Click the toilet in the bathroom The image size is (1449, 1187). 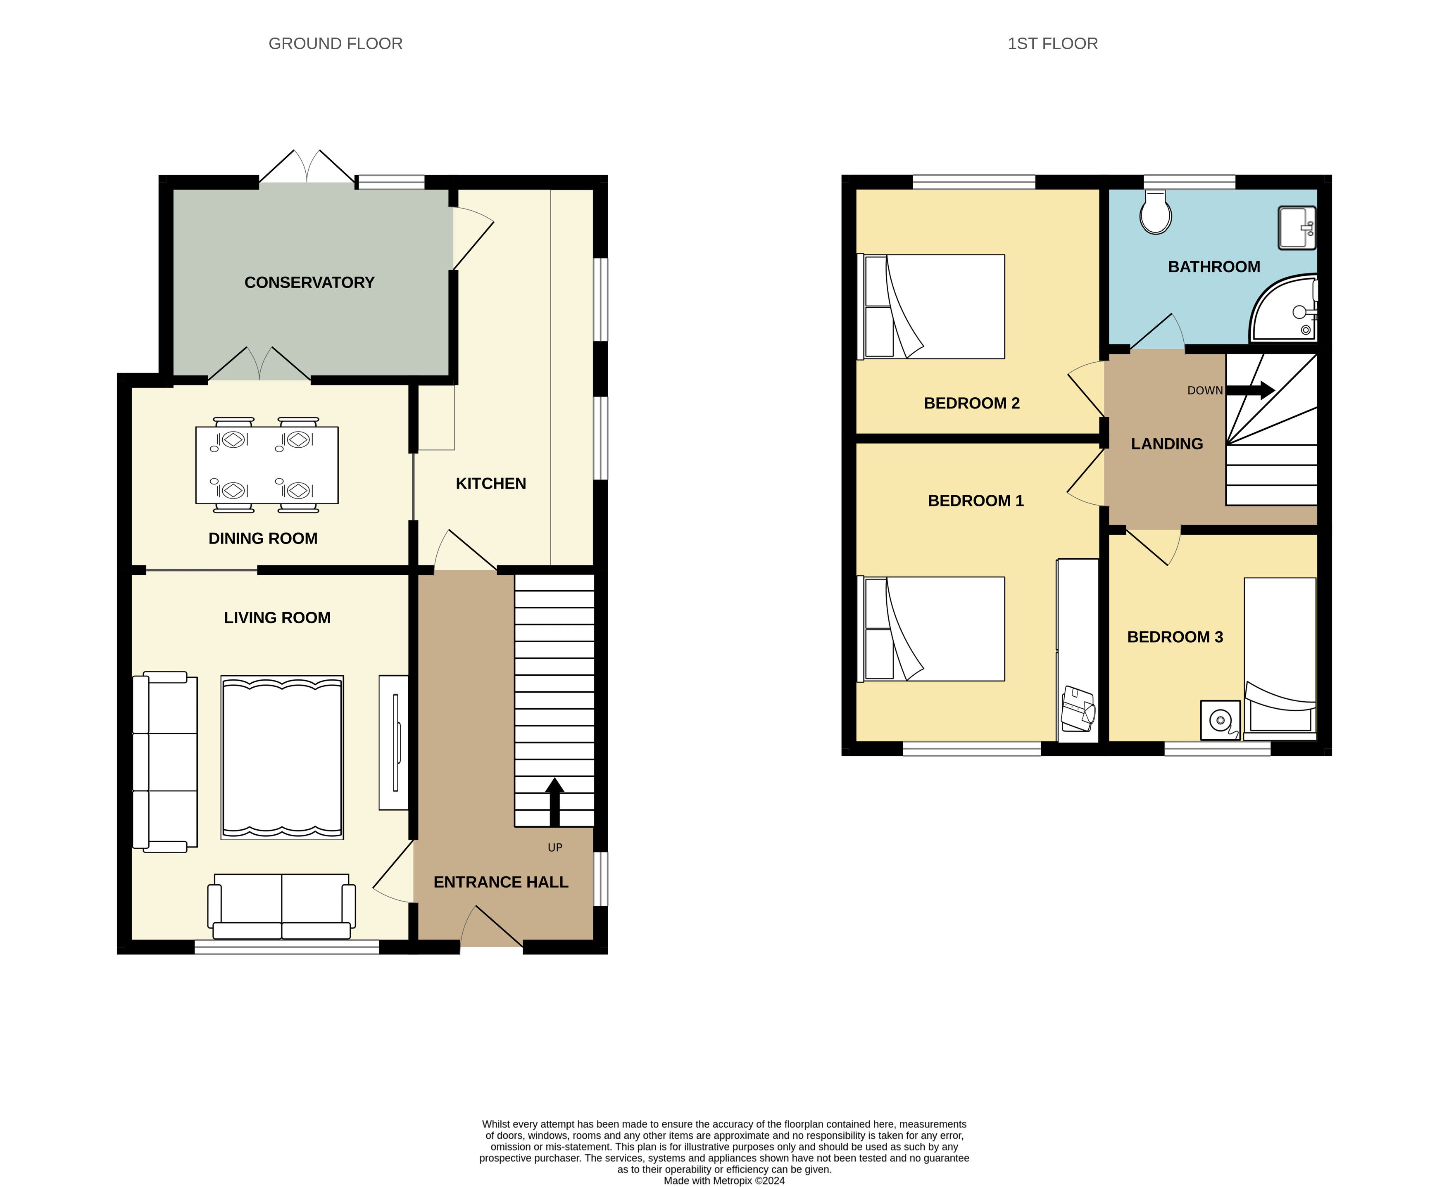click(1156, 212)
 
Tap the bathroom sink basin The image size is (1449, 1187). click(1297, 228)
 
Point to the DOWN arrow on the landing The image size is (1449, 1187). click(1250, 390)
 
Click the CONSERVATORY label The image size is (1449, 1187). click(309, 283)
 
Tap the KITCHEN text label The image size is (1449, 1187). click(490, 483)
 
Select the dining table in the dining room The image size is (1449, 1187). click(267, 465)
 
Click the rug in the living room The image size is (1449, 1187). click(282, 757)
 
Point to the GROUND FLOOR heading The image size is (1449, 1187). click(335, 44)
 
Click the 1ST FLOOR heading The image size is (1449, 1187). click(1052, 44)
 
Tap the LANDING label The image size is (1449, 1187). click(1166, 444)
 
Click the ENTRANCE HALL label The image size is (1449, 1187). click(501, 882)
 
